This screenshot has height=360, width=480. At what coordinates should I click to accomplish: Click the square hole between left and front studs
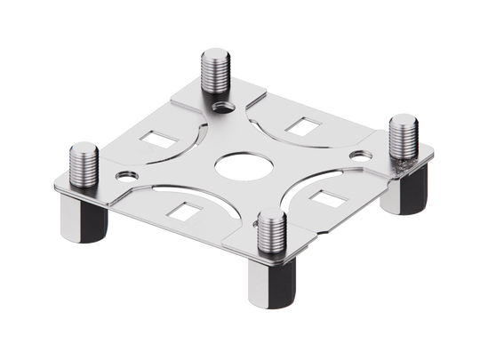(x=186, y=211)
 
